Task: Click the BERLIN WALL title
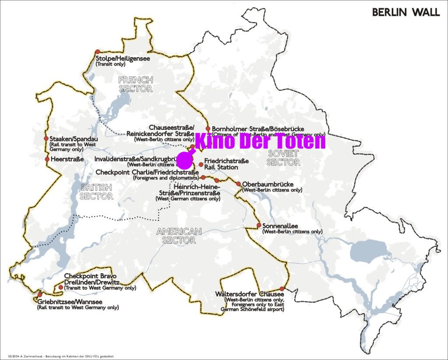click(x=406, y=12)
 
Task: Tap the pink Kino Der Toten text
click(x=260, y=141)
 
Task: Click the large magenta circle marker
click(x=184, y=161)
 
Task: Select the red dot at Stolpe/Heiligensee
click(x=97, y=52)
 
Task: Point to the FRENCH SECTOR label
click(x=136, y=84)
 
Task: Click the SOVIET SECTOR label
click(x=283, y=157)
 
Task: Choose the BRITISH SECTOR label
click(x=96, y=192)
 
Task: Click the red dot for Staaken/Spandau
click(x=46, y=139)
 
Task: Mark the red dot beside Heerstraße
click(x=47, y=159)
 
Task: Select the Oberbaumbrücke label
click(x=268, y=184)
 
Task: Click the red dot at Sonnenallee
click(x=259, y=225)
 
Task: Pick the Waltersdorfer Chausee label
click(x=248, y=294)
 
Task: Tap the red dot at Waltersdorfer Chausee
click(x=282, y=289)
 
